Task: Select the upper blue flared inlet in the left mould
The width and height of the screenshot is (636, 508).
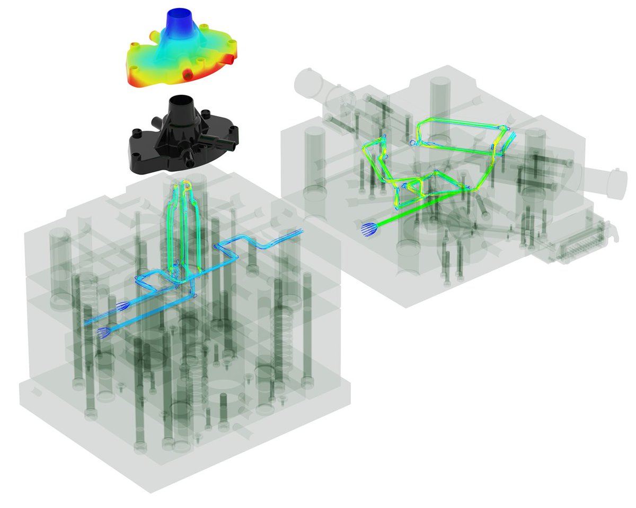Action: coord(122,305)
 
